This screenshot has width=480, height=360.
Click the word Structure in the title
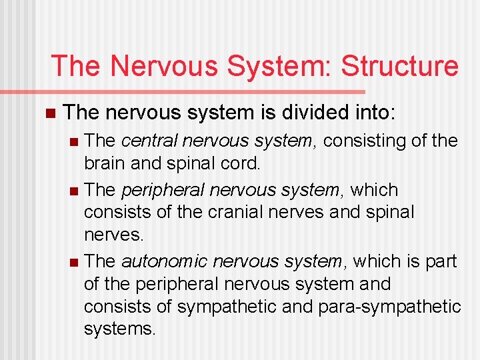pyautogui.click(x=399, y=67)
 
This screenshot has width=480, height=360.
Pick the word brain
pyautogui.click(x=104, y=164)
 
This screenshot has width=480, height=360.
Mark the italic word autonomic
pyautogui.click(x=159, y=261)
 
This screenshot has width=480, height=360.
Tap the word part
pyautogui.click(x=442, y=261)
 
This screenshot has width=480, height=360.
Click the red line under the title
pyautogui.click(x=207, y=91)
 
